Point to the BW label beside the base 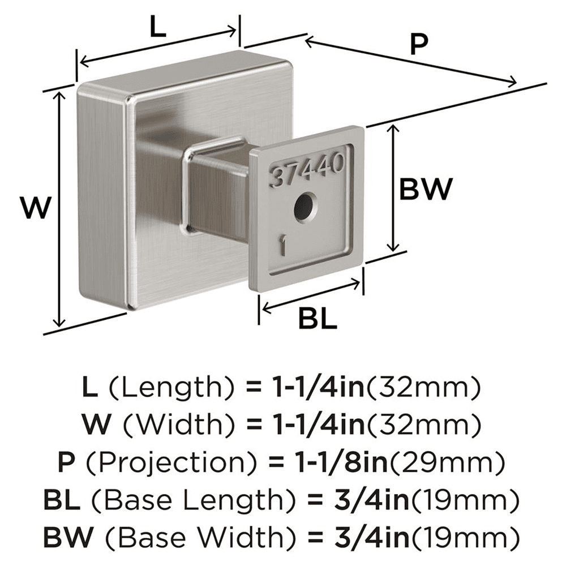tap(426, 189)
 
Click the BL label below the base tap(318, 320)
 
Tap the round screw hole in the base tap(304, 207)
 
